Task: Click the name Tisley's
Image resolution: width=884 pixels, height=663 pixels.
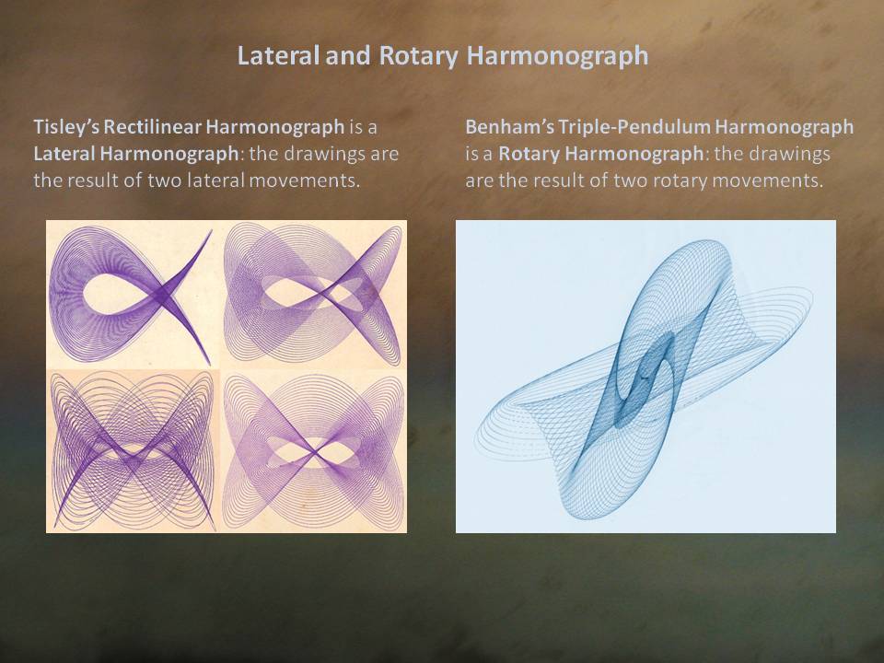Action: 66,127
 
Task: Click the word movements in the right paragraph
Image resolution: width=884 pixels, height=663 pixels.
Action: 769,181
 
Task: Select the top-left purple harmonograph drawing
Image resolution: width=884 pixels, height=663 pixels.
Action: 132,295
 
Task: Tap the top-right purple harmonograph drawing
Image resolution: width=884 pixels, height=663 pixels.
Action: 313,295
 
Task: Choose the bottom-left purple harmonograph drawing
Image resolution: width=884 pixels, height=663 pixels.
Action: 133,451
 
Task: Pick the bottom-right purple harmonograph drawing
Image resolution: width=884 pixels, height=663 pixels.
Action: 313,451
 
